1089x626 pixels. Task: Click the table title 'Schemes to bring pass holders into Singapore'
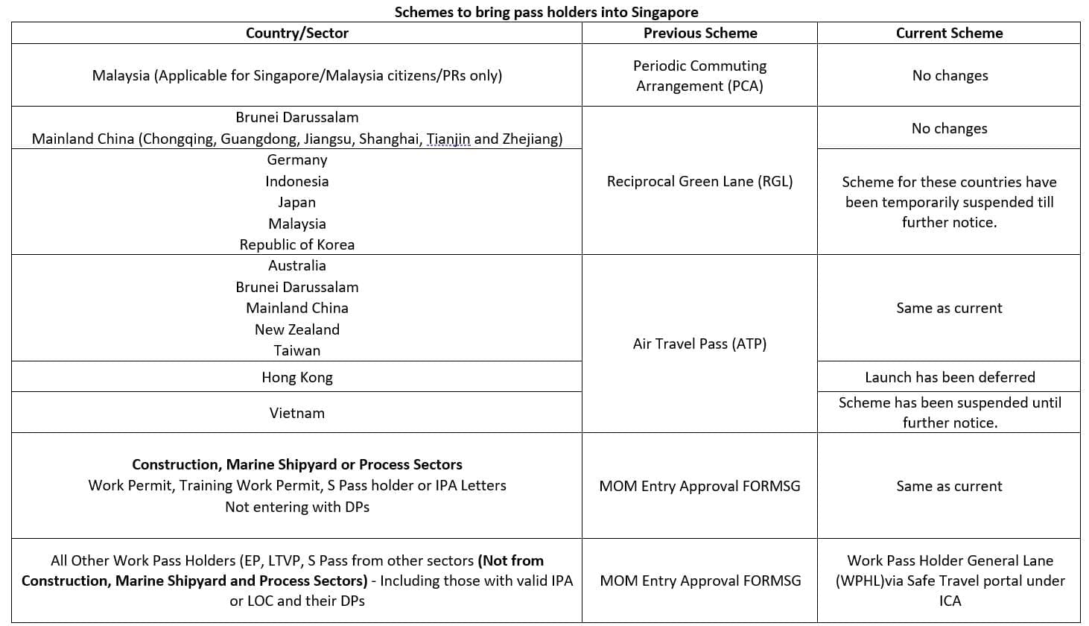(x=546, y=12)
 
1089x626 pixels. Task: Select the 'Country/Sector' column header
(x=296, y=33)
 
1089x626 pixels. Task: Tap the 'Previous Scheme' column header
(x=699, y=33)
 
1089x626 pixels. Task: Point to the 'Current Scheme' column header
(x=948, y=33)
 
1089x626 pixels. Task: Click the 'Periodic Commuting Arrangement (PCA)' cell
(x=699, y=75)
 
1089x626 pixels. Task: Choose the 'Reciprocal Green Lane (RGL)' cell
(x=699, y=181)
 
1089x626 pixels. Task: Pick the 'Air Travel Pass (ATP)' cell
(x=699, y=344)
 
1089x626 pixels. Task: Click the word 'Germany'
(x=296, y=159)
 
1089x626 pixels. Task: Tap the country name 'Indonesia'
(x=296, y=181)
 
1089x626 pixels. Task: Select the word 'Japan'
(x=296, y=202)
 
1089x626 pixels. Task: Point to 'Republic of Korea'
(x=296, y=244)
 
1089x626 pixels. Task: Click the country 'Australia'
(x=296, y=265)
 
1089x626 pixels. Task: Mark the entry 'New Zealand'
(x=296, y=329)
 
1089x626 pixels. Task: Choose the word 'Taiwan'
(x=296, y=350)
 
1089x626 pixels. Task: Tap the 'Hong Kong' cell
(x=296, y=377)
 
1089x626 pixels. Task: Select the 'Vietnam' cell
(x=296, y=413)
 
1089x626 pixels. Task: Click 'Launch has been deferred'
(x=949, y=377)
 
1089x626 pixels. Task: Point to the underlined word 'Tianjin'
(x=448, y=139)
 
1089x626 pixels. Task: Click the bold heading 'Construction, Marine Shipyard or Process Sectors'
(x=296, y=464)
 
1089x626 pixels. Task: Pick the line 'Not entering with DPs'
(x=296, y=507)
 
